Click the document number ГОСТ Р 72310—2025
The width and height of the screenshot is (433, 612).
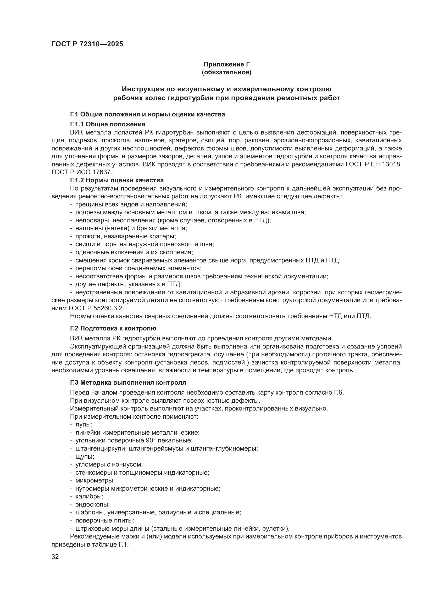87,44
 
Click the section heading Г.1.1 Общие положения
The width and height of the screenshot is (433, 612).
108,124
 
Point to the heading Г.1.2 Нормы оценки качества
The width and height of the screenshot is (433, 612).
117,181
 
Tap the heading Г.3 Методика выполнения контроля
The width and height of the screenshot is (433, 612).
128,383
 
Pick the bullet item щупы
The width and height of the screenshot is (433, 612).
85,457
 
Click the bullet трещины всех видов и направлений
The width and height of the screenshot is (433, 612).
131,204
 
